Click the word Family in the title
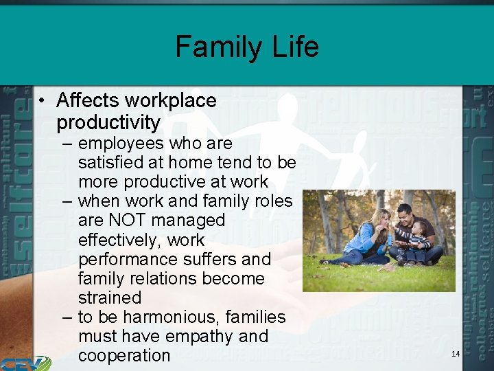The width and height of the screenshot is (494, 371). (x=215, y=47)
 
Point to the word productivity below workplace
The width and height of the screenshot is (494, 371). (x=108, y=123)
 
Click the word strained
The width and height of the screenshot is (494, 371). (x=110, y=297)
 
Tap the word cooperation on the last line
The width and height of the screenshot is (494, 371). (x=124, y=355)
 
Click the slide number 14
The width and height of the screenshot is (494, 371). (x=456, y=353)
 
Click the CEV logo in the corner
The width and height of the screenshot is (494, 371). (x=24, y=363)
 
